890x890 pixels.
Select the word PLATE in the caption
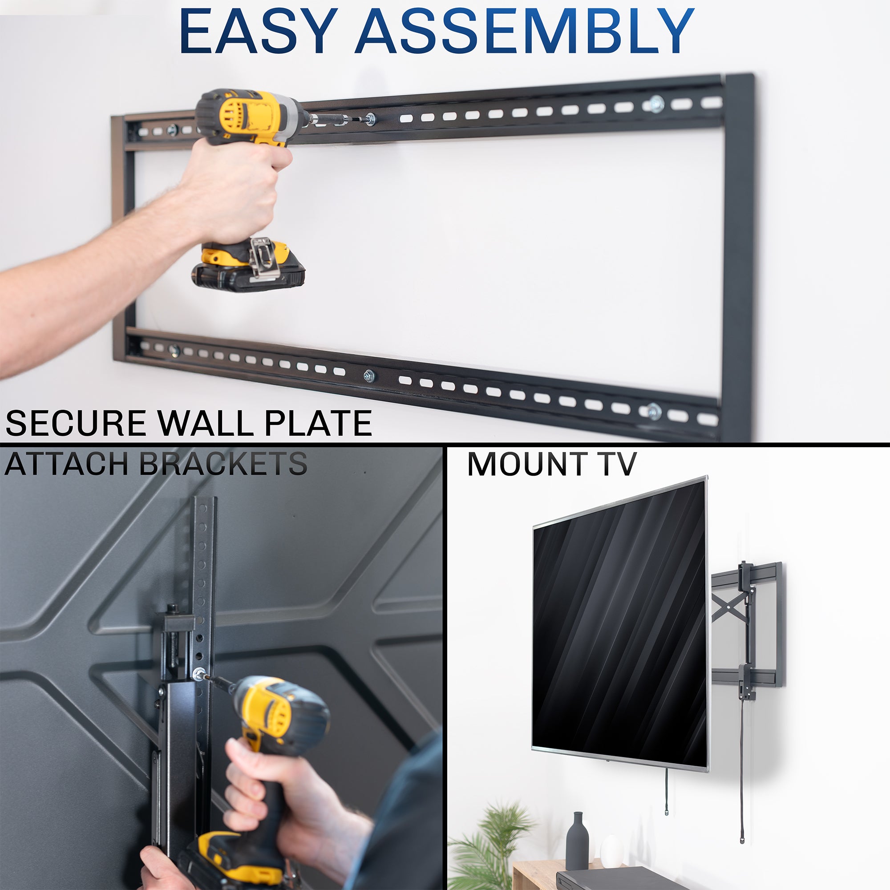[318, 423]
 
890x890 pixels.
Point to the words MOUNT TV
[551, 464]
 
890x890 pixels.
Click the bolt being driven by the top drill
[369, 119]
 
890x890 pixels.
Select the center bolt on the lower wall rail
[368, 376]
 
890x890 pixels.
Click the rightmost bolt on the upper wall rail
[656, 105]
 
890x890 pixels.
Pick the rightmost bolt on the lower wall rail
[654, 411]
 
